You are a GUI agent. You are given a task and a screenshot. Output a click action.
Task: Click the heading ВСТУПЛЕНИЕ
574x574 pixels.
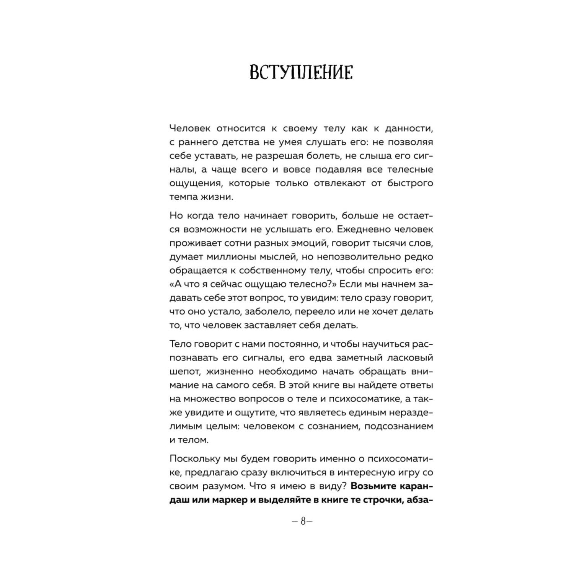tap(301, 73)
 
